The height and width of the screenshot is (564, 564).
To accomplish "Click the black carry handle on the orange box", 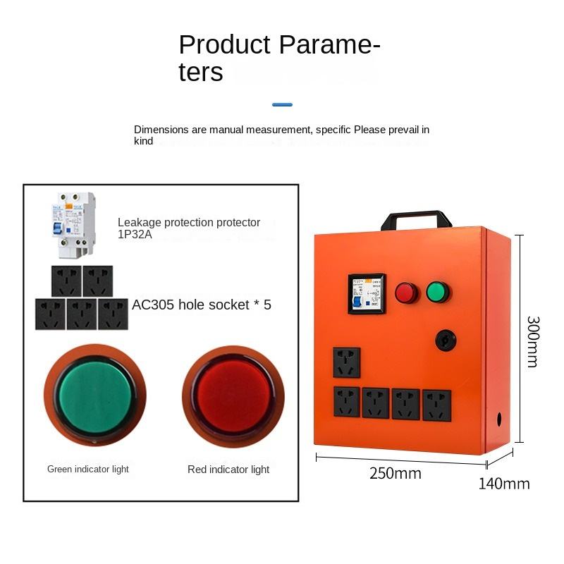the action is coord(416,216).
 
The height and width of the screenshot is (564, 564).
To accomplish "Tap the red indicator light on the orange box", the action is coord(407,293).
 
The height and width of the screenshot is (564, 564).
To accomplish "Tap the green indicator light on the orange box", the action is coord(438,291).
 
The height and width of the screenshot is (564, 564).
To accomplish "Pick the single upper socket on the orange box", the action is coord(346,362).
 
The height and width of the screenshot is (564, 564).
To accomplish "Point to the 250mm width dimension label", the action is coord(395,474).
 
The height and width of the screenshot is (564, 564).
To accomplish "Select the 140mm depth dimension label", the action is coord(504,484).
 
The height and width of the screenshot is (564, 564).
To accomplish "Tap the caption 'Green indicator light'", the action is coord(88,469).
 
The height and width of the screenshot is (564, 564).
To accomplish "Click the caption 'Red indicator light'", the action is coord(228,470).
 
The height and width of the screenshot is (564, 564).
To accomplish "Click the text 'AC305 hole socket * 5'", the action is coord(202,305).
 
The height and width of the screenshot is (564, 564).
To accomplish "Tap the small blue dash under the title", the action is coord(282,104).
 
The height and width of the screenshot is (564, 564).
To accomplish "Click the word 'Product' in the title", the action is coord(225,44).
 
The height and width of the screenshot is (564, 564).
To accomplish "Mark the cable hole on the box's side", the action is coord(500,418).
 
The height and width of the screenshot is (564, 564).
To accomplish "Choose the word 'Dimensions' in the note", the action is coord(162,130).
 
